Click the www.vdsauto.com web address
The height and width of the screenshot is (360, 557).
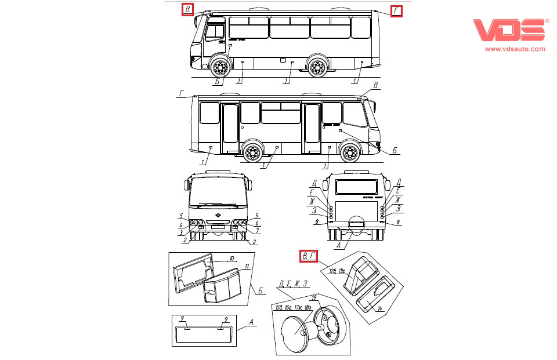(x=515, y=49)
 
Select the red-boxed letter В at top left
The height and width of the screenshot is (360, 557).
(x=189, y=9)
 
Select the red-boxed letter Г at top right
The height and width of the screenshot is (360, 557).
(x=396, y=10)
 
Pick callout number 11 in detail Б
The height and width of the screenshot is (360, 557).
(x=247, y=266)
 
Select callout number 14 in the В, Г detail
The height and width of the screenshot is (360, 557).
(x=379, y=308)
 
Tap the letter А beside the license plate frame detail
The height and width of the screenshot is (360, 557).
(x=251, y=322)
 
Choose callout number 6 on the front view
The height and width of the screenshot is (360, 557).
(x=257, y=224)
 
